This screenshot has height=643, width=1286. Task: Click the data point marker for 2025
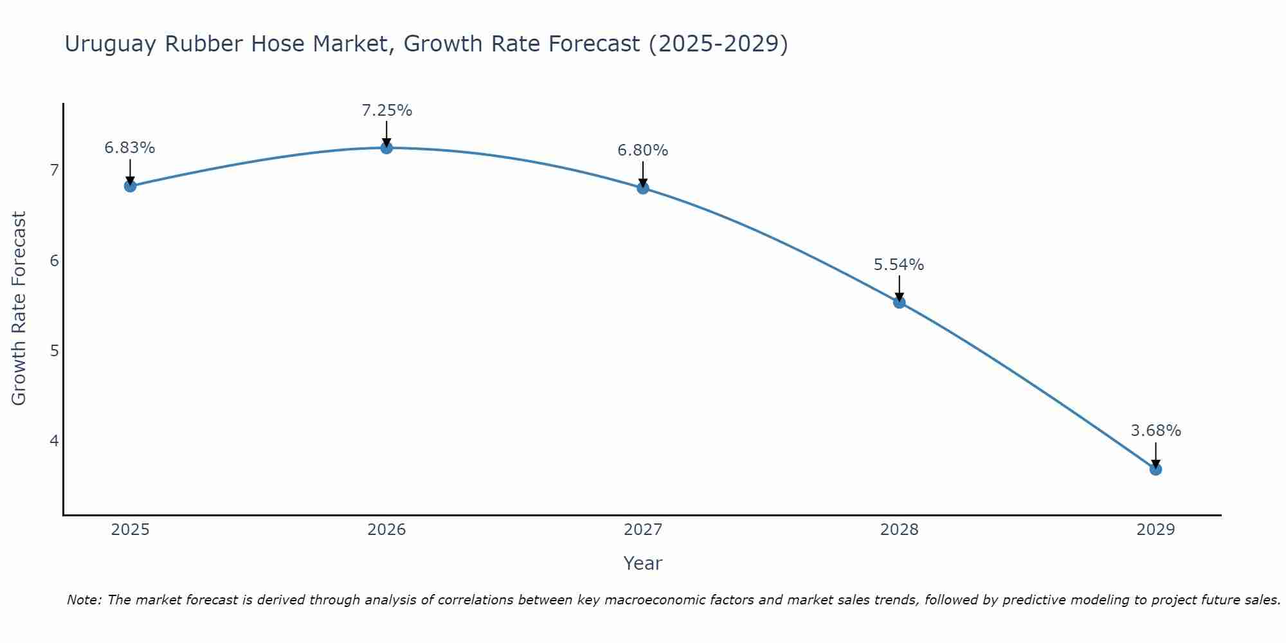tap(130, 186)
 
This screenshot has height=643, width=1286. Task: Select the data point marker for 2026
tap(386, 148)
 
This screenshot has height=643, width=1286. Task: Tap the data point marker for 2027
tap(643, 188)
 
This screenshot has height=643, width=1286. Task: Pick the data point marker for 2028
tap(900, 302)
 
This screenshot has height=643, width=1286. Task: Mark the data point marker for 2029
tap(1155, 469)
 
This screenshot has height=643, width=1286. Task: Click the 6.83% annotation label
tap(130, 148)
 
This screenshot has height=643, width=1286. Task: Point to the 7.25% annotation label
tap(386, 111)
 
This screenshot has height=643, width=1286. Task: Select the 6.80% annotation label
tap(643, 150)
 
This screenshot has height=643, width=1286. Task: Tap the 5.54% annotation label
tap(899, 265)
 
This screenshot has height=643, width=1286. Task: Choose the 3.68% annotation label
tap(1155, 431)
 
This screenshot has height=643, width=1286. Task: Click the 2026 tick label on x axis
tap(386, 530)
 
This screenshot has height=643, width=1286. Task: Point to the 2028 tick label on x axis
tap(899, 530)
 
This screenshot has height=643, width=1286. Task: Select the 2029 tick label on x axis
tap(1155, 530)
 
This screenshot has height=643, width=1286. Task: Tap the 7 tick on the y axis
tap(54, 170)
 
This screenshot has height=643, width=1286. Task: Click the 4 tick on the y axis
tap(54, 441)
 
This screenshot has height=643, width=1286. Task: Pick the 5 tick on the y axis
tap(54, 351)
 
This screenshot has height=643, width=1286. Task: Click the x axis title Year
tap(642, 563)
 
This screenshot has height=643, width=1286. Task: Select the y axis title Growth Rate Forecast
tap(19, 309)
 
